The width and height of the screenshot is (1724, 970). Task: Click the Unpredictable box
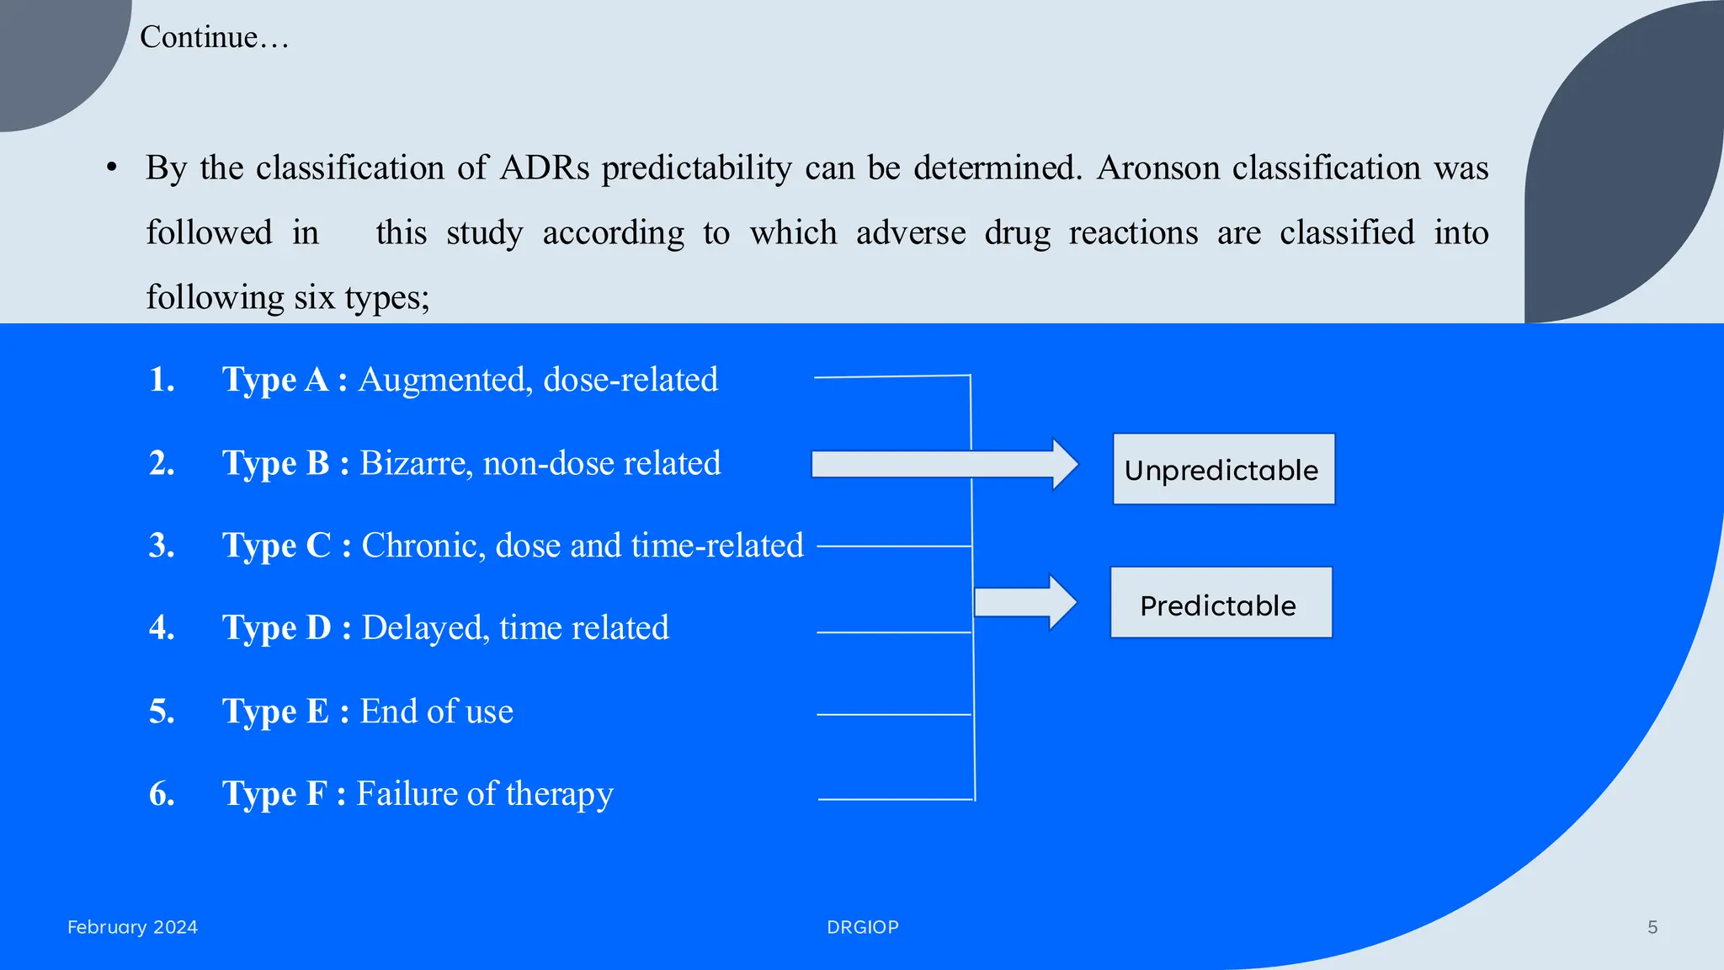[1223, 469]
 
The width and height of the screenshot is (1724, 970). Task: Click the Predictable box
[1221, 603]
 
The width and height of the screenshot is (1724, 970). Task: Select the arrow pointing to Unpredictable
[943, 464]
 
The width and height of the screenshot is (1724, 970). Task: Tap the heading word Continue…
[214, 37]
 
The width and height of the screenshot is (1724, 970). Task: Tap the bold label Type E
[275, 712]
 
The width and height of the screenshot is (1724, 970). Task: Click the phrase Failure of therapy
[485, 794]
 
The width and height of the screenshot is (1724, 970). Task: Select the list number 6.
[162, 794]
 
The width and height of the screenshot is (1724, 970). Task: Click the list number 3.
[162, 546]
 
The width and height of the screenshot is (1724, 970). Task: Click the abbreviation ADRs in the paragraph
[545, 168]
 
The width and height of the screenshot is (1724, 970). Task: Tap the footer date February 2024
[132, 927]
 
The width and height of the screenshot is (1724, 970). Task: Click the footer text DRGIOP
[862, 927]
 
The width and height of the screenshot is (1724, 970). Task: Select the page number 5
[1652, 927]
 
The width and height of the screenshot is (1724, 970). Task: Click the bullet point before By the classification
[112, 168]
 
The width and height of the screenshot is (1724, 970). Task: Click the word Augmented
[445, 380]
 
